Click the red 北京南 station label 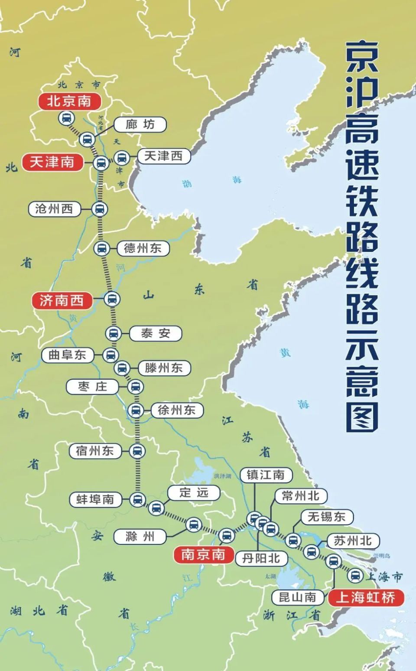pos(69,101)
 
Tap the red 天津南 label pos(52,162)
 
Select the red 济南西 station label pos(62,300)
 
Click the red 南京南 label pos(203,554)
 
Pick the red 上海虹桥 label pos(366,598)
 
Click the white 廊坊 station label pos(140,125)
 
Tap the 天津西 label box pos(163,156)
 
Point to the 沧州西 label pos(54,209)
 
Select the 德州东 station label pos(143,248)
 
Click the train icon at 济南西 pos(112,299)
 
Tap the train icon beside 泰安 pos(114,333)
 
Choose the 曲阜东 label pos(67,355)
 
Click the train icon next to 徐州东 pos(136,410)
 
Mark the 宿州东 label pos(94,451)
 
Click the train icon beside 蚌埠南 pos(137,499)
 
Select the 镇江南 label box pos(266,475)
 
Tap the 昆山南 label pos(297,598)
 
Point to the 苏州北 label pos(352,541)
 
